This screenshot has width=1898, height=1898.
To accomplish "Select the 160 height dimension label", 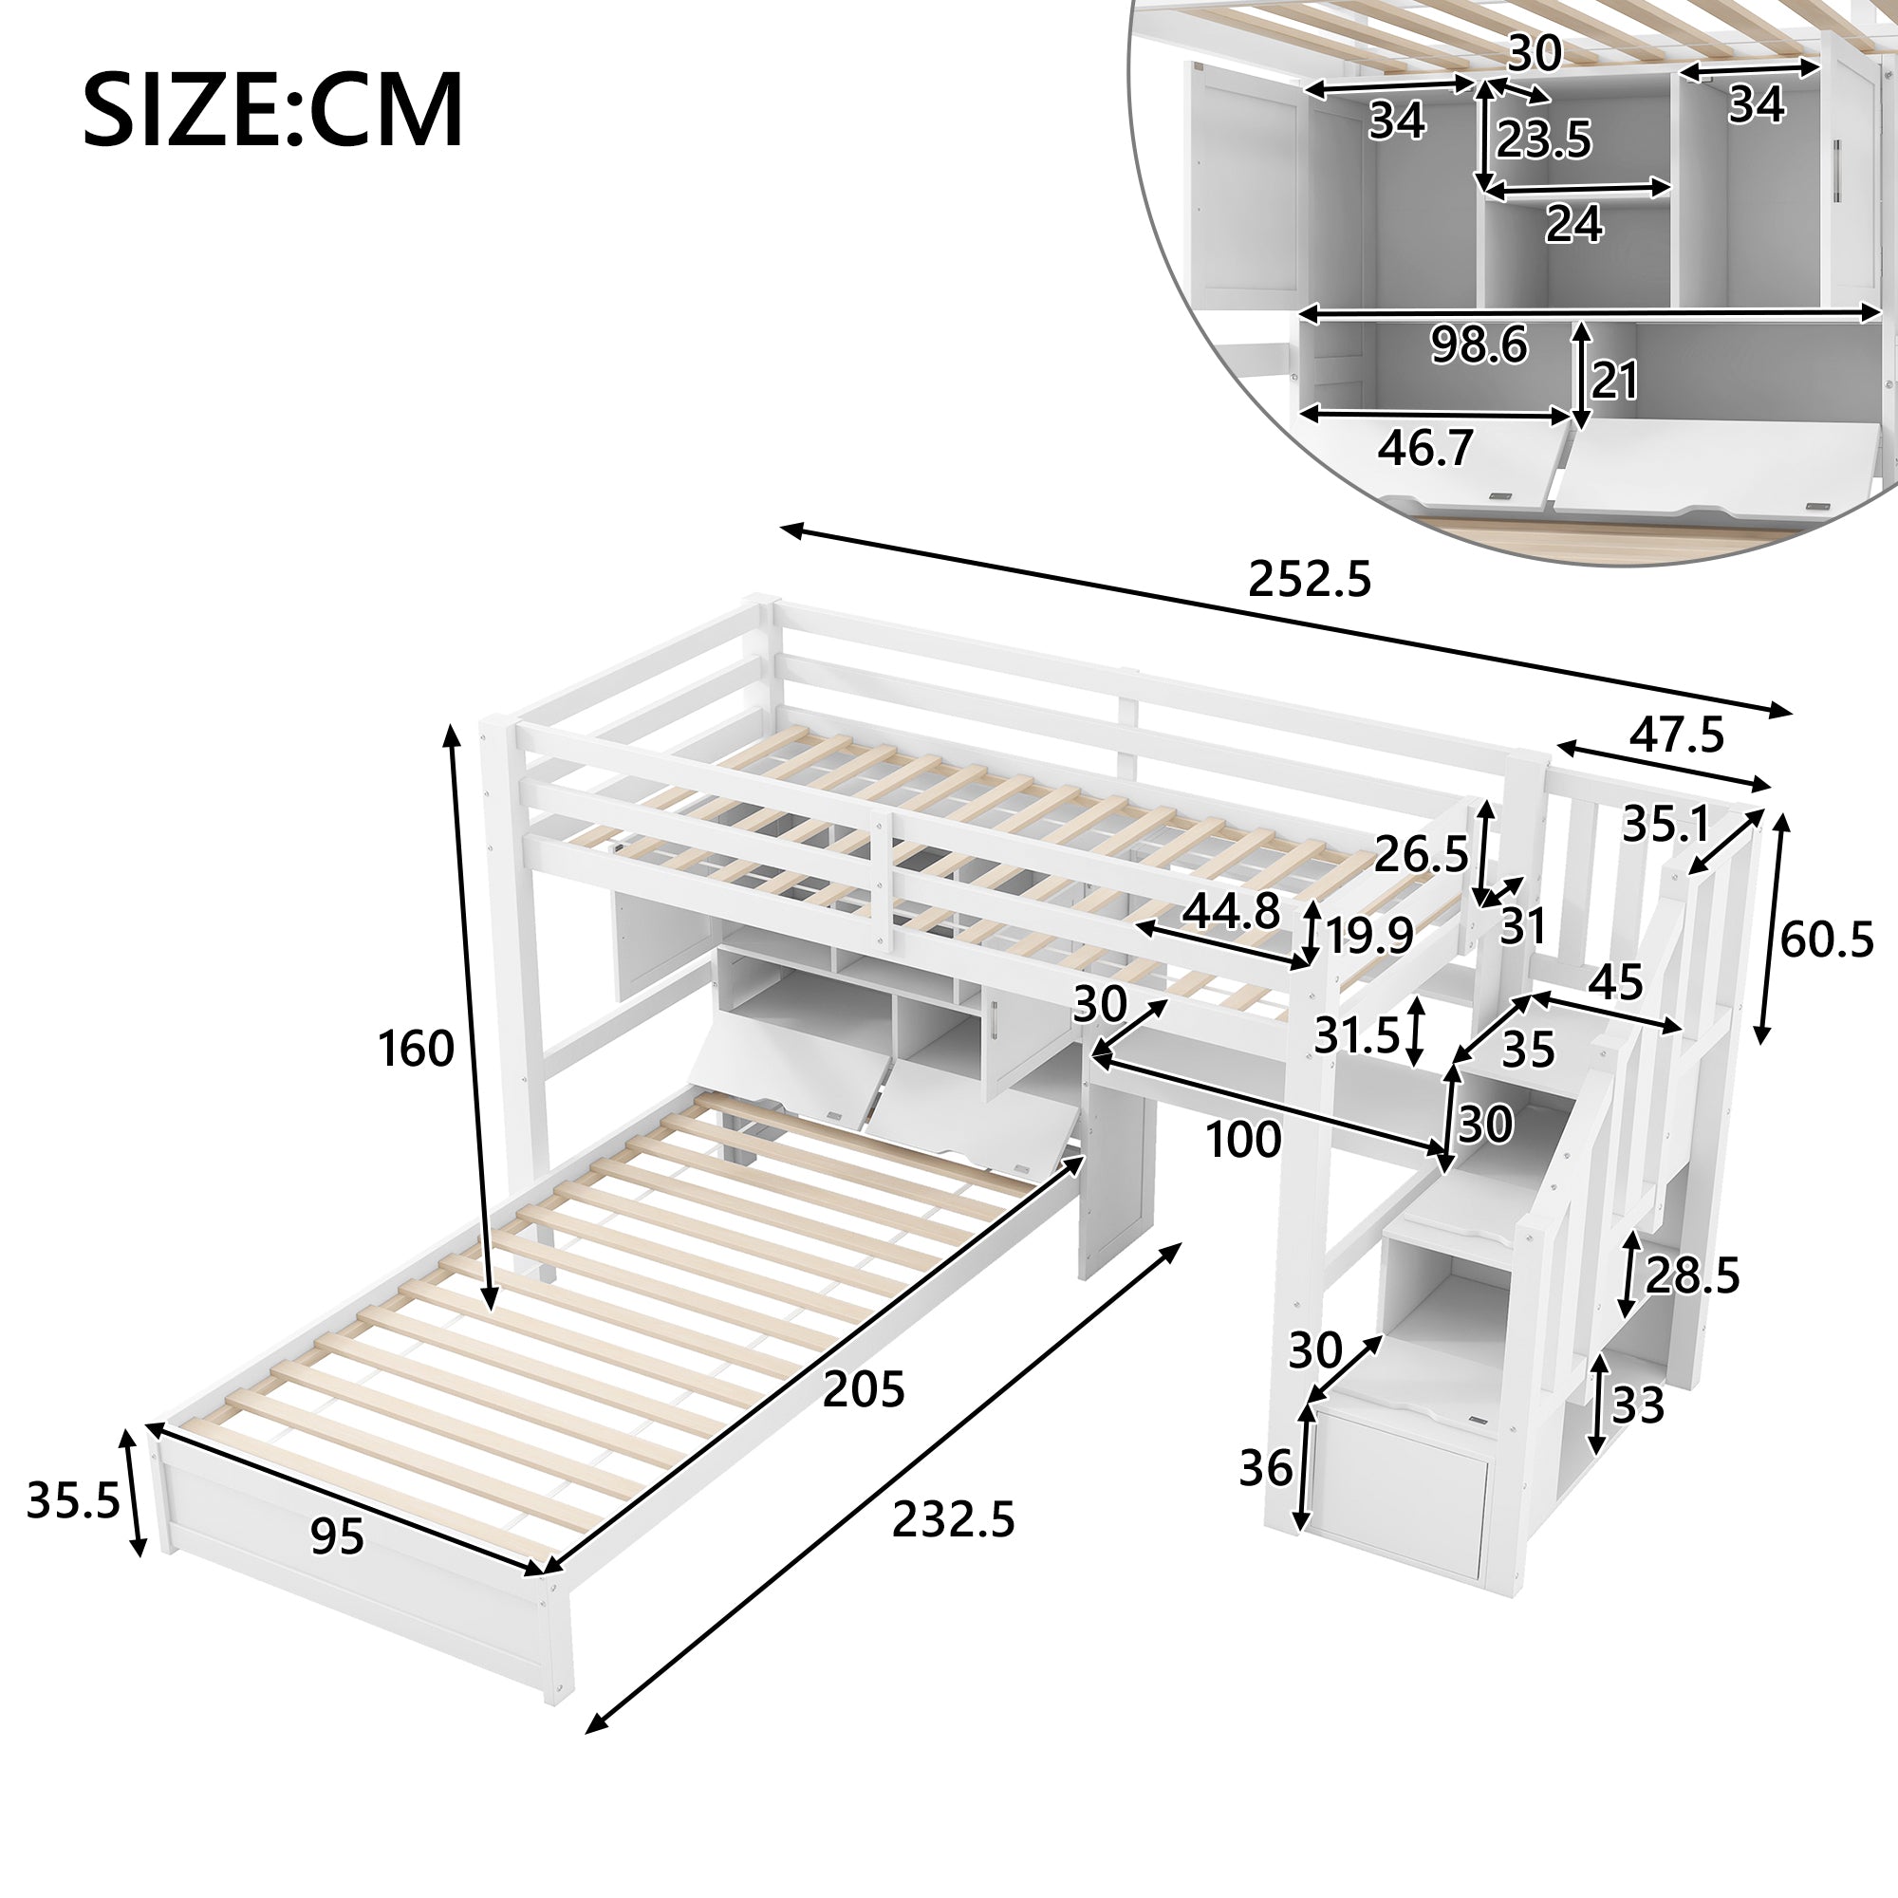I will pos(417,1050).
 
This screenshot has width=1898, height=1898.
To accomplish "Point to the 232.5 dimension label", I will pos(953,1519).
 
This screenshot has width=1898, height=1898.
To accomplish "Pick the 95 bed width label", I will pos(337,1535).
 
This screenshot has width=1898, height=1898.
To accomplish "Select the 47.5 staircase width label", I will pos(1676,735).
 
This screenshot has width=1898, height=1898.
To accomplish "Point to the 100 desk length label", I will pos(1243,1140).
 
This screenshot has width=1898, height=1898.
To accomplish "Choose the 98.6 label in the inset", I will pos(1479,344).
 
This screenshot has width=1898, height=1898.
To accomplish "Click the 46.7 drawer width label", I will pos(1425,448).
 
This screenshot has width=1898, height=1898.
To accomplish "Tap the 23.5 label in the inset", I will pos(1543,140).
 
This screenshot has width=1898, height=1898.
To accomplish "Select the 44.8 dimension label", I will pos(1231,912).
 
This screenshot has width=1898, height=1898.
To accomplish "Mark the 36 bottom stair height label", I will pos(1265,1469).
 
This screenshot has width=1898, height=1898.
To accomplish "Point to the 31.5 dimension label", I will pos(1357,1034).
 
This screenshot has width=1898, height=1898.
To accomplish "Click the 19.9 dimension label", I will pos(1369,937).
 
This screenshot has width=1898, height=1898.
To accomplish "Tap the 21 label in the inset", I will pos(1615,381).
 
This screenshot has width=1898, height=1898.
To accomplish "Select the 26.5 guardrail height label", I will pos(1421,855).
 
